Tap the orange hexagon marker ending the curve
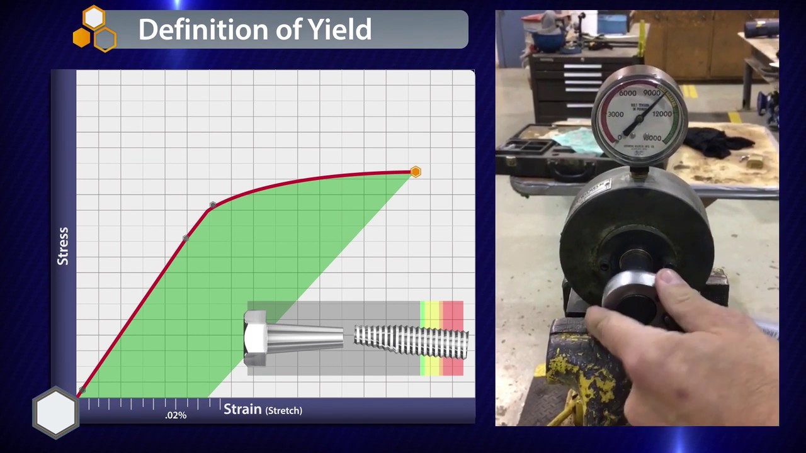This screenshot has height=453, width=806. (x=415, y=172)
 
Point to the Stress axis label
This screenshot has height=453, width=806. (x=63, y=245)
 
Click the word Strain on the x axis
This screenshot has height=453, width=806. (x=242, y=410)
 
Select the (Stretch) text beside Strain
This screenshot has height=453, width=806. (x=283, y=410)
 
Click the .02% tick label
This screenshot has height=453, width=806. (x=176, y=415)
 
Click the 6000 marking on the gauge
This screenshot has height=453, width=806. (x=627, y=93)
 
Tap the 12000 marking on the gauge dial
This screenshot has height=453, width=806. (x=662, y=114)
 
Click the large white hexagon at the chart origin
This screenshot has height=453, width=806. (x=56, y=411)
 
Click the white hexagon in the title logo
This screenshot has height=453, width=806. (x=94, y=18)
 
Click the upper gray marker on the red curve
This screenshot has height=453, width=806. (x=213, y=205)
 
